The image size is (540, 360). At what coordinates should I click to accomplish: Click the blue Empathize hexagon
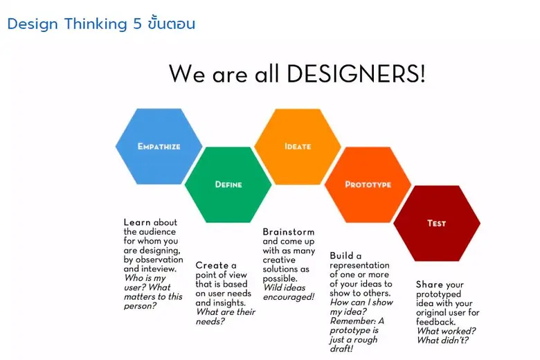pos(159,146)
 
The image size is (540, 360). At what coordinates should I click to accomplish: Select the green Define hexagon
pos(228,184)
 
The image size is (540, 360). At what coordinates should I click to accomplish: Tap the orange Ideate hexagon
pos(298,146)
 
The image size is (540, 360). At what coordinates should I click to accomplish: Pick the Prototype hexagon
pos(368,184)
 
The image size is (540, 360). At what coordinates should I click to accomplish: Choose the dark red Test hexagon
pos(437,223)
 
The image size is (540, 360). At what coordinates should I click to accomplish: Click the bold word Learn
pos(137,223)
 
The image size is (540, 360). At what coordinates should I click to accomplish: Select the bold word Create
pos(212,265)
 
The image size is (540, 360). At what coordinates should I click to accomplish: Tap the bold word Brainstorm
pos(288,232)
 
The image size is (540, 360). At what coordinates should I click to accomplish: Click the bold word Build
pos(345,255)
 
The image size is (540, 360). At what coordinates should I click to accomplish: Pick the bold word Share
pos(429,285)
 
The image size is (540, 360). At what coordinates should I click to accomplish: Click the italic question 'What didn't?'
pos(443,340)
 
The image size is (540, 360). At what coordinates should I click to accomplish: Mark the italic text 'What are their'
pos(226,312)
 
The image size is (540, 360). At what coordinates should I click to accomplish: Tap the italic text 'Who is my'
pos(146,278)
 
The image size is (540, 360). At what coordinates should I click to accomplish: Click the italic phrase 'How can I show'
pos(361,302)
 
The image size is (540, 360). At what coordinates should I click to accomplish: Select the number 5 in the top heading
pos(136,24)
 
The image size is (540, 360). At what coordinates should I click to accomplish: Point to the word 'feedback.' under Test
pos(435,322)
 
